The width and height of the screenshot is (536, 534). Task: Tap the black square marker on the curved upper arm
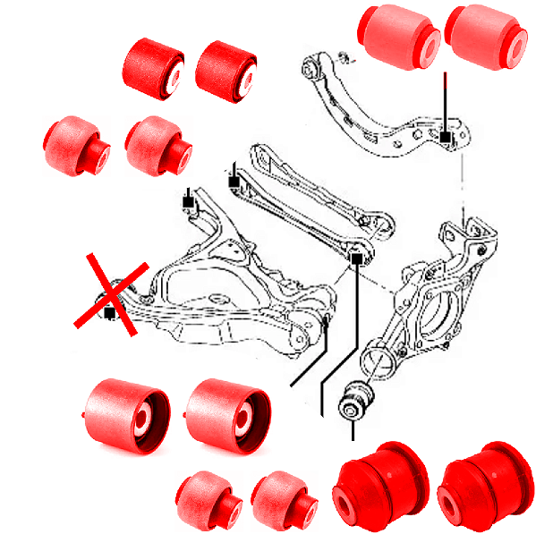click(x=445, y=137)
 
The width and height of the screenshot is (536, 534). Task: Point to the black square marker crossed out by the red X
click(x=109, y=312)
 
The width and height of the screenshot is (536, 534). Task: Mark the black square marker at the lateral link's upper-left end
click(x=234, y=182)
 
